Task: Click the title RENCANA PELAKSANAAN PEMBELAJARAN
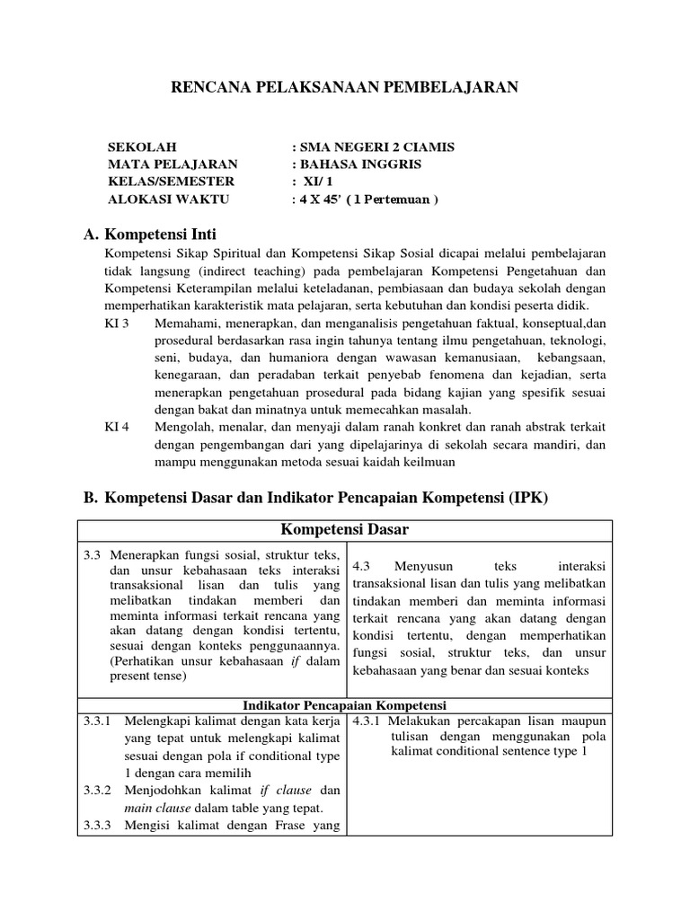(x=345, y=86)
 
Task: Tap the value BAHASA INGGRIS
(x=357, y=164)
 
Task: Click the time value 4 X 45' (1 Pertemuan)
(x=366, y=199)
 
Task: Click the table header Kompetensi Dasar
(x=345, y=530)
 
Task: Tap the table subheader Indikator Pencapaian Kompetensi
(x=345, y=705)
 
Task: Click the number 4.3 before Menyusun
(x=362, y=566)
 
